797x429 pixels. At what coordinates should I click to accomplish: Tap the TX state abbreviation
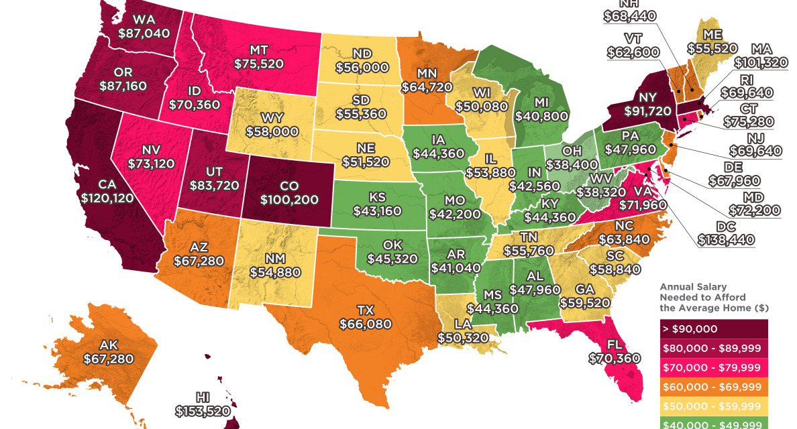tap(365, 311)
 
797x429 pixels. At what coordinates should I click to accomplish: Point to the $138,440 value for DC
tap(726, 239)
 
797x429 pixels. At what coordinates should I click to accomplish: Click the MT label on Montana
tap(259, 50)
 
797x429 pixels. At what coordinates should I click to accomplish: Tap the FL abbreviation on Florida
tap(607, 345)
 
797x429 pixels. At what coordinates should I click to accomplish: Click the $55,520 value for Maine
tap(712, 48)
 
